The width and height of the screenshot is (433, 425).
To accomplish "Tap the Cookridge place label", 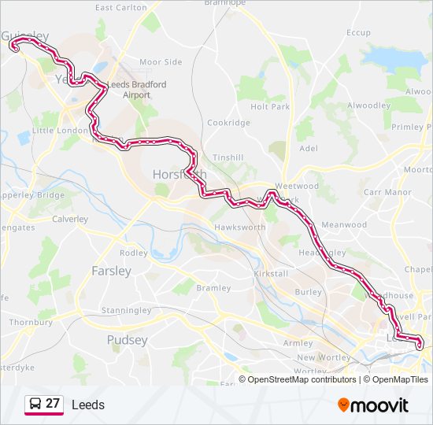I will pos(228,123).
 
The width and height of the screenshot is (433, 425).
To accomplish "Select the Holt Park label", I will pos(270,106).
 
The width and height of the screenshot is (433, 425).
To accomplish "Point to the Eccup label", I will pos(358,32).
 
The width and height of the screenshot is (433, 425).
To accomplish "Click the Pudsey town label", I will pos(127,340).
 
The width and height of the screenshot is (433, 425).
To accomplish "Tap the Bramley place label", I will pos(213,288).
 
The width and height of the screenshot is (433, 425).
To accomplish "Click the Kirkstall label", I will pos(271,273).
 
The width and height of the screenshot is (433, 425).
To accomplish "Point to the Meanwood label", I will pos(344,224).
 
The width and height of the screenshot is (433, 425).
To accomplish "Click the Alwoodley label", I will pos(369,105).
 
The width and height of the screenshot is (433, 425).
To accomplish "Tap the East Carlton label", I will pos(120,7).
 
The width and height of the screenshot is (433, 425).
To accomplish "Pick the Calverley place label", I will pos(70,219).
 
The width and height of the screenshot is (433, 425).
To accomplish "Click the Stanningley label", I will pos(126,311).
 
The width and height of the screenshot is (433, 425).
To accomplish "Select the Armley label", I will pos(298,343).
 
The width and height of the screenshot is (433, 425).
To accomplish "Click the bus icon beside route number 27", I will pos(35,404).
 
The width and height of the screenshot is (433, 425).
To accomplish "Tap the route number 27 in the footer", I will pos(53,404).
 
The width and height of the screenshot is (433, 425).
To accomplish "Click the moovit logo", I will pos(373,405).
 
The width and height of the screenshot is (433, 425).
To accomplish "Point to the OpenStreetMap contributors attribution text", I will pos(302,379).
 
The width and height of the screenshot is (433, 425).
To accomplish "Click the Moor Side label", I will pos(161,61).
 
